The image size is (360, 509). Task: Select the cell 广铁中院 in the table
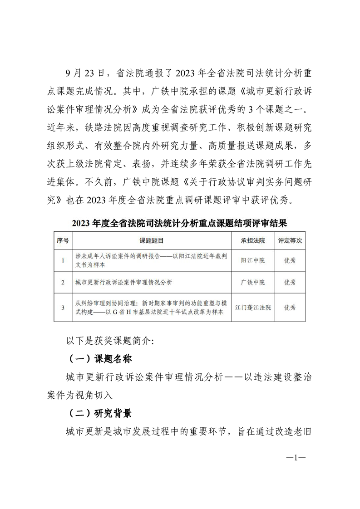[253, 282]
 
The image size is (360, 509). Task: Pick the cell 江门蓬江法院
[253, 307]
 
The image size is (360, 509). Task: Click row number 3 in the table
[63, 307]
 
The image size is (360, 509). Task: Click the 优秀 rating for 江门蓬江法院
[290, 307]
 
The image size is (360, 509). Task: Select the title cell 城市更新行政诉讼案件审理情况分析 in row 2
[123, 282]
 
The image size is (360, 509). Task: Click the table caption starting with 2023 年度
[179, 223]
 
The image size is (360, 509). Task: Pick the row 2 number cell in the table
[63, 282]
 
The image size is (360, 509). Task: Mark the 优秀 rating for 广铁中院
[290, 282]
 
